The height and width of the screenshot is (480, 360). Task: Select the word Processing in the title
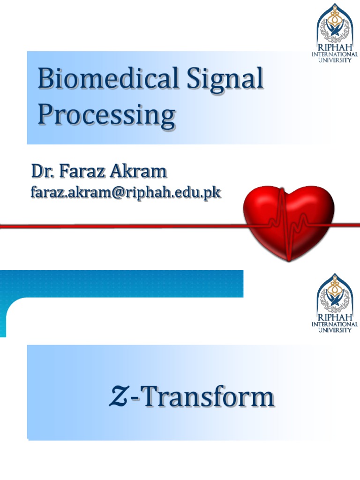(x=106, y=115)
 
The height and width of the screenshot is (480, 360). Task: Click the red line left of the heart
(x=117, y=226)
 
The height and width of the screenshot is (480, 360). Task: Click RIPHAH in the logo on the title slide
(x=335, y=48)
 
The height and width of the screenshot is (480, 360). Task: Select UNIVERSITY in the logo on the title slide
(x=335, y=60)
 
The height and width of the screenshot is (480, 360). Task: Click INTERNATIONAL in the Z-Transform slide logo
(x=335, y=324)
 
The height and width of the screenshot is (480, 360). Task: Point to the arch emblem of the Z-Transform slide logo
(x=335, y=293)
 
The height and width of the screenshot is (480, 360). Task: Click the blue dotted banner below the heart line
(x=122, y=283)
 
